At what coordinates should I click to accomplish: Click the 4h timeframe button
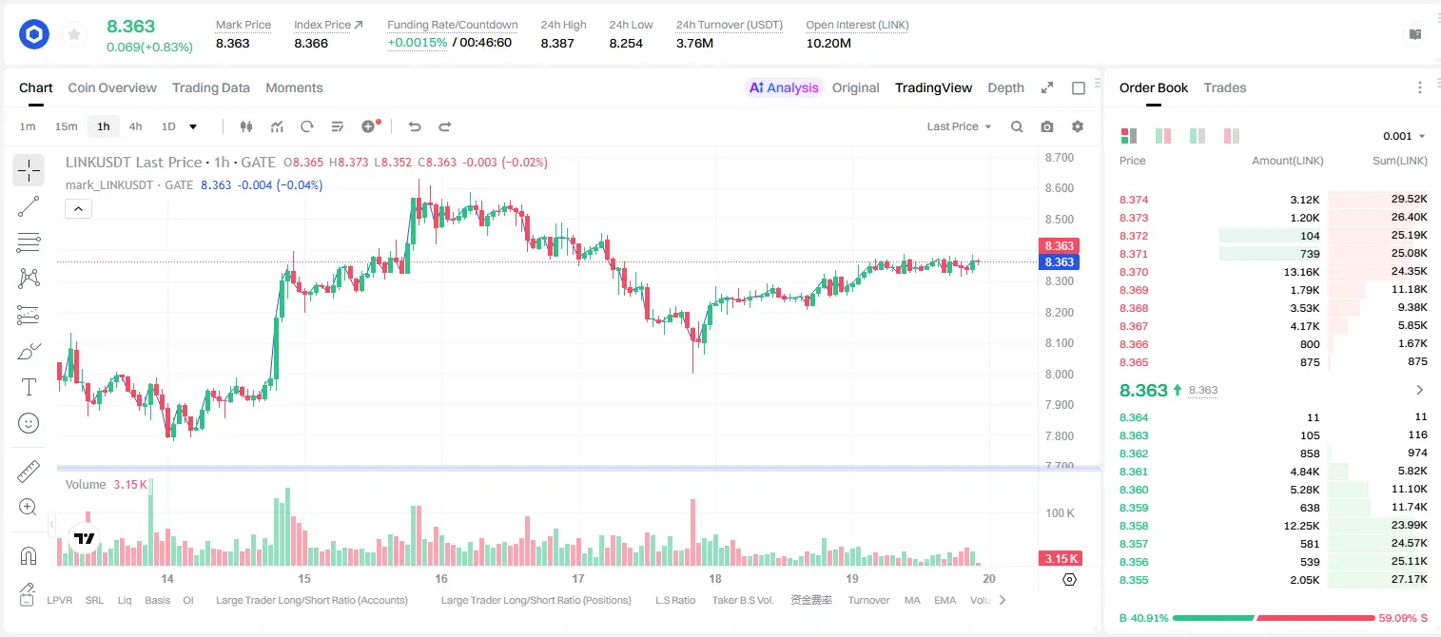[x=135, y=126]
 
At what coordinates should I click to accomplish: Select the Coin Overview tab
[x=112, y=87]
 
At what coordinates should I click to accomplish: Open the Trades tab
[x=1225, y=87]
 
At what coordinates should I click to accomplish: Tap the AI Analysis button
[x=784, y=87]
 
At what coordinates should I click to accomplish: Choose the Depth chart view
[x=1005, y=87]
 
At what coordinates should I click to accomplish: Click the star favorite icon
[x=74, y=34]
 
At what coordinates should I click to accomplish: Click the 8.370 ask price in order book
[x=1134, y=272]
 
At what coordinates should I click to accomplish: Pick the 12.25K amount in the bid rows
[x=1301, y=526]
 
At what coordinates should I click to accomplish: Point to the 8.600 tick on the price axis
[x=1059, y=187]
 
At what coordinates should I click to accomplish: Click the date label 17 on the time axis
[x=577, y=578]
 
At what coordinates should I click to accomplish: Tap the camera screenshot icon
[x=1047, y=126]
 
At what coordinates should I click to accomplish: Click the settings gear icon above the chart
[x=1078, y=126]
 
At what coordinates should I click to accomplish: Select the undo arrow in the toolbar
[x=415, y=126]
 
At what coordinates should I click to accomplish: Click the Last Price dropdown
[x=959, y=126]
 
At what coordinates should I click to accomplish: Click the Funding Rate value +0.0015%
[x=417, y=43]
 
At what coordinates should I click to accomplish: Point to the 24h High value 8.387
[x=557, y=43]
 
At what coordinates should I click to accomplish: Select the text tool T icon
[x=29, y=387]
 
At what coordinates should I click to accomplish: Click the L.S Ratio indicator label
[x=674, y=600]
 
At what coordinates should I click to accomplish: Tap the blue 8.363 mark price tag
[x=1059, y=261]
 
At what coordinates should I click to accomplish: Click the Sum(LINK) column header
[x=1400, y=161]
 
